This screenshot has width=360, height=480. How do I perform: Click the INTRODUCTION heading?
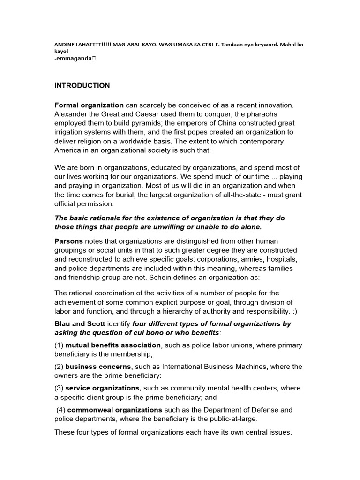pos(82,86)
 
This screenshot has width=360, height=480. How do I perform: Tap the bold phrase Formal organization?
pos(89,105)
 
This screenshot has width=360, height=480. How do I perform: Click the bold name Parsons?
pos(69,241)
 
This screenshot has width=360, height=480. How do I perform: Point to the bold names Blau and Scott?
pos(80,324)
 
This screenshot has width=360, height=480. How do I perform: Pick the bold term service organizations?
pos(103,388)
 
